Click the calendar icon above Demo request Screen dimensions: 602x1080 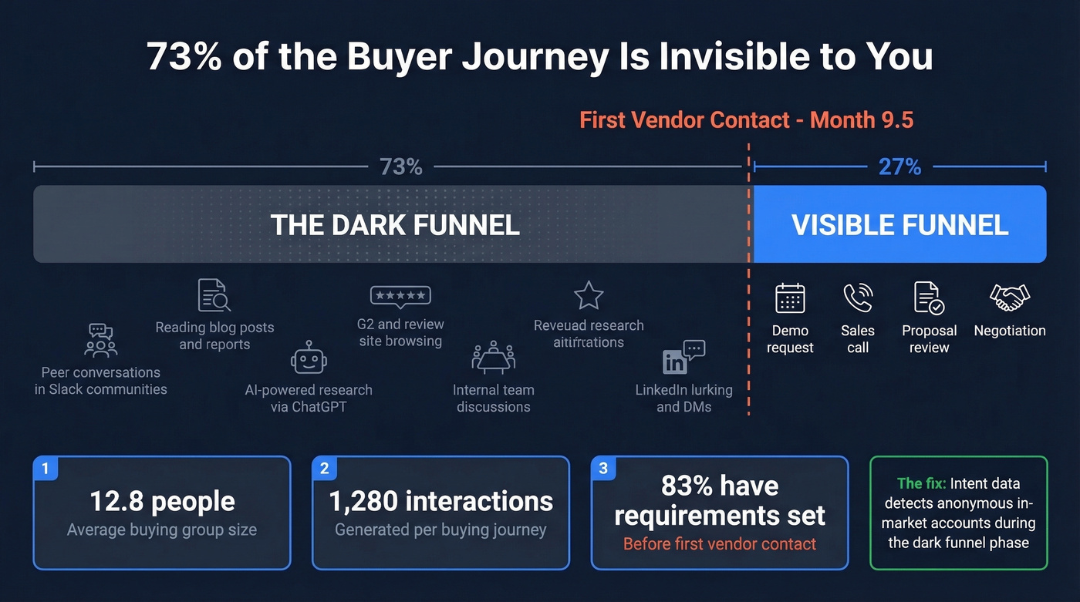pyautogui.click(x=790, y=298)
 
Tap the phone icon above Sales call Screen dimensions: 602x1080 pyautogui.click(x=857, y=298)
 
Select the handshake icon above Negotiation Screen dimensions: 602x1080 pyautogui.click(x=1010, y=298)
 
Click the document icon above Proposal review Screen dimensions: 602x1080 pyautogui.click(x=929, y=298)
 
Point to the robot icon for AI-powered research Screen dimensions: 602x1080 pyautogui.click(x=309, y=358)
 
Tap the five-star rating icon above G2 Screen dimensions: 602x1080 pyautogui.click(x=400, y=296)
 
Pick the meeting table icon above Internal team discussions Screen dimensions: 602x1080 pyautogui.click(x=493, y=358)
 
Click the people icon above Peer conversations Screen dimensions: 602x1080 pyautogui.click(x=100, y=341)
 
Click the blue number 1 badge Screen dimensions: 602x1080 pyautogui.click(x=46, y=468)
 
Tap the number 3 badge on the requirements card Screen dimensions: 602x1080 pyautogui.click(x=602, y=468)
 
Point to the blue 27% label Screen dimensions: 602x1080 pyautogui.click(x=899, y=166)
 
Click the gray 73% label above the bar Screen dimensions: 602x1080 pyautogui.click(x=401, y=166)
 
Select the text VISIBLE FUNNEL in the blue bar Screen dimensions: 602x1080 pyautogui.click(x=899, y=225)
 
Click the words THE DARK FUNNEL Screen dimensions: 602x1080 pyautogui.click(x=395, y=225)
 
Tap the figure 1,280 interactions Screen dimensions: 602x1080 pyautogui.click(x=440, y=502)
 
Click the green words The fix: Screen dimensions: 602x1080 pyautogui.click(x=920, y=484)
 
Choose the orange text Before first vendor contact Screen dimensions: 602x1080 pyautogui.click(x=719, y=544)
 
